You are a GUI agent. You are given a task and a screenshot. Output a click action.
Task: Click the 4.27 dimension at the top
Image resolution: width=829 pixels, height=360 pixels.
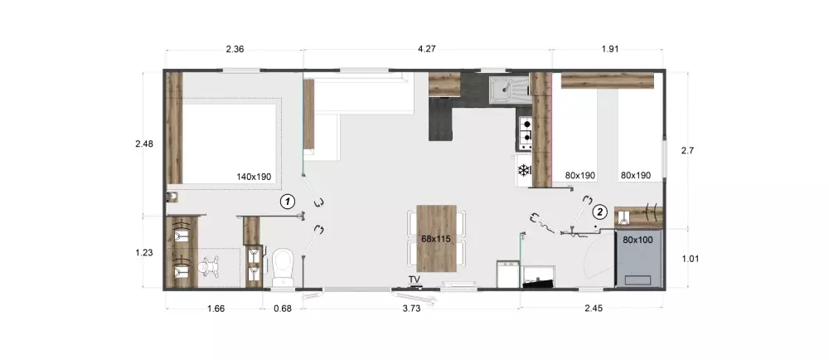click(427, 49)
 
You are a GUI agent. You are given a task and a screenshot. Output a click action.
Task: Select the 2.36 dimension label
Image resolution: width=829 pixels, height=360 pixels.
click(235, 49)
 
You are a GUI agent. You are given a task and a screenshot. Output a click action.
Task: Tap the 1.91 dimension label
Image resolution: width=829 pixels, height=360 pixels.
click(609, 49)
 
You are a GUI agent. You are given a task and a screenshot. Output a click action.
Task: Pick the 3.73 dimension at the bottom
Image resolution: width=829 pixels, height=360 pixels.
click(411, 309)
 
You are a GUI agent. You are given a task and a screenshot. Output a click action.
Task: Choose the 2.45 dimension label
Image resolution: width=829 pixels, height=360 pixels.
click(593, 309)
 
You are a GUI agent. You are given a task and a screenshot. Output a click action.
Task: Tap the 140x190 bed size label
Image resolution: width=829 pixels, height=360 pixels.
click(254, 176)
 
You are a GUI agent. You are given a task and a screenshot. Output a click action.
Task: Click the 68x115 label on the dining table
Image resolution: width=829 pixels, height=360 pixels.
click(436, 239)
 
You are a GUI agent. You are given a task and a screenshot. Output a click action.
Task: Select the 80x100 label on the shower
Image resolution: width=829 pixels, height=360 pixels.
click(638, 241)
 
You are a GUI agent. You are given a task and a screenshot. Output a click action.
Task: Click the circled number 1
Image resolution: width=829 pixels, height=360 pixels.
click(287, 201)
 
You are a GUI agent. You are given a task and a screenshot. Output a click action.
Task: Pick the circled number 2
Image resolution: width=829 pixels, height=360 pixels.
click(600, 212)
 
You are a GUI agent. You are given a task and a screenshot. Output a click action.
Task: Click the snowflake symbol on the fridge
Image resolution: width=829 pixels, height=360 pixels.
click(524, 171)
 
